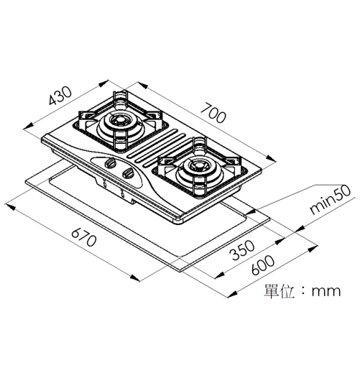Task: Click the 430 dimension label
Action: (60, 96)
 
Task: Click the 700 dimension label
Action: (213, 113)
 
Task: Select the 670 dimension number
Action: (84, 237)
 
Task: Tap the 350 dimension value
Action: (242, 250)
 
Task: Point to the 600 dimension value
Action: (263, 265)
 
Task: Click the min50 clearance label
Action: (331, 200)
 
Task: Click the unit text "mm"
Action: (326, 291)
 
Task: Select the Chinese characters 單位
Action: (280, 291)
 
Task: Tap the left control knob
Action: (109, 162)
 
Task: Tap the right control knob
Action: (128, 173)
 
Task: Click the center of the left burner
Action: (120, 119)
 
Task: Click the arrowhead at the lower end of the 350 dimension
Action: (220, 275)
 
